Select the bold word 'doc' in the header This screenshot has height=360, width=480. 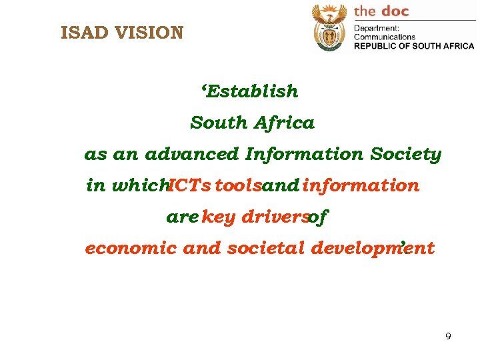[x=393, y=11]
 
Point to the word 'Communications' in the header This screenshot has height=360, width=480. [x=384, y=37]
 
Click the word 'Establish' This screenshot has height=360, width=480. [x=253, y=91]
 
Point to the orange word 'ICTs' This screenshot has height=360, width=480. [x=189, y=186]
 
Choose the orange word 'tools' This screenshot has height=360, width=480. [x=238, y=186]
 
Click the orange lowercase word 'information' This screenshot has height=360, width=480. [x=361, y=186]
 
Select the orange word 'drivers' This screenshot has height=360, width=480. [x=273, y=217]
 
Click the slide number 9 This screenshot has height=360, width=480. [x=448, y=337]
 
